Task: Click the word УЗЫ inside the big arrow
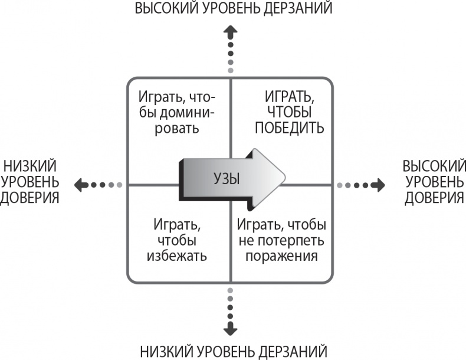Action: (x=226, y=177)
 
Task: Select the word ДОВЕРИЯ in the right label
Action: (x=434, y=197)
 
